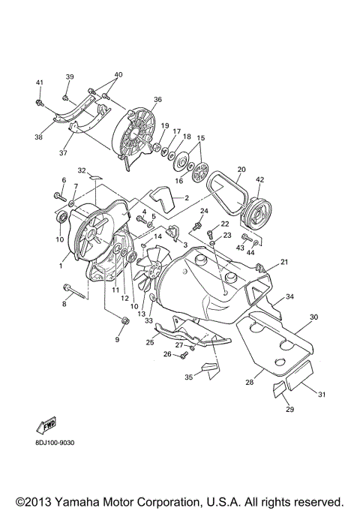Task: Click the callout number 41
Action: coord(40,82)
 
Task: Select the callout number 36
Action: coord(157,99)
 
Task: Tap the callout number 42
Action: coord(259,180)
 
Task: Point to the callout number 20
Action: coord(241,169)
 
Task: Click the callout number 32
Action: coord(82,170)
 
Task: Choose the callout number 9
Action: coord(117,339)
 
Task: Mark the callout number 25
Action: coord(150,342)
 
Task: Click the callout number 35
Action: coord(190,377)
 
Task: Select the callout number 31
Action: coord(323,395)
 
